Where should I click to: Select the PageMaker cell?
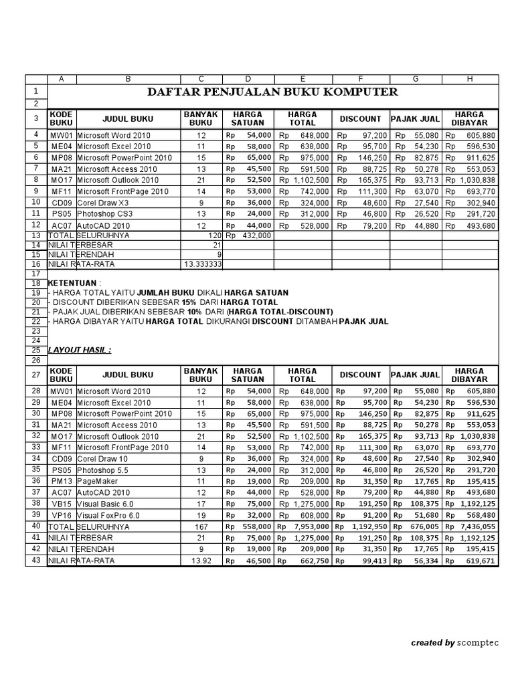coord(96,481)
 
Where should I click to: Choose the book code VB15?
coord(61,504)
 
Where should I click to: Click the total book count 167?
coord(202,526)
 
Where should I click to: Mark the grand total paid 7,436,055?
coord(477,526)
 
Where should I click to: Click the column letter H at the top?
coord(470,79)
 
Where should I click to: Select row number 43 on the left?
coord(35,561)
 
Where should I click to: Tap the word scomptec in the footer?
coord(478,643)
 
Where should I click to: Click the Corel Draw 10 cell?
coord(102,458)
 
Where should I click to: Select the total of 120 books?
coord(214,235)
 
